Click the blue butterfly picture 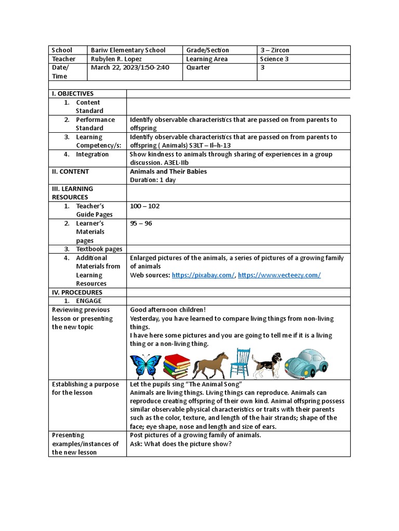point(146,366)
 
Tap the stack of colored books point(176,366)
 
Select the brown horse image point(210,365)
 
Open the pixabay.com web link point(203,275)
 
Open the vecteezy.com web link point(280,275)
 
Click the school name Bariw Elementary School point(128,50)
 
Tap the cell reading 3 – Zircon point(275,50)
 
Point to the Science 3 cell point(272,59)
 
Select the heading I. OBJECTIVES point(72,94)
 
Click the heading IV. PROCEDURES point(76,292)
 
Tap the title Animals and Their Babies point(168,172)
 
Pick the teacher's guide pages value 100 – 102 point(144,206)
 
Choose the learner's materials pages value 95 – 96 point(141,223)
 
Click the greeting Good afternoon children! point(168,310)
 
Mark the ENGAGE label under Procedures point(89,301)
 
